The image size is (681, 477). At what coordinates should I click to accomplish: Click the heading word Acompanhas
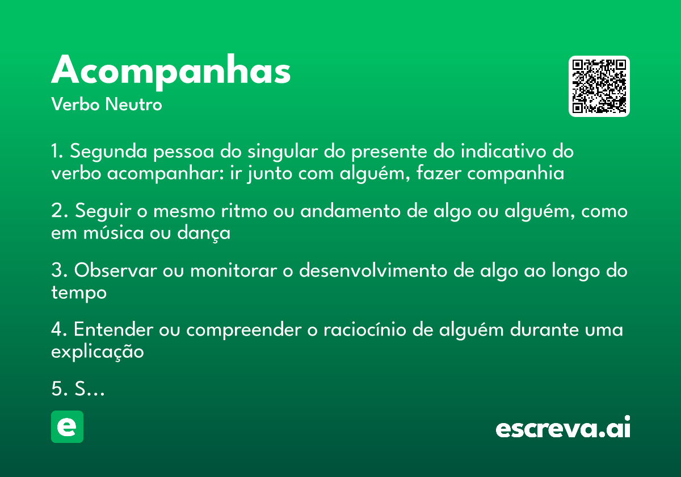[x=171, y=71]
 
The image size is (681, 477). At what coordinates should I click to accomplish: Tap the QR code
[x=599, y=86]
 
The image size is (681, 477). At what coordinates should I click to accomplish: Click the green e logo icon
[x=67, y=426]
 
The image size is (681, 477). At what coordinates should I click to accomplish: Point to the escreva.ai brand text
[x=563, y=428]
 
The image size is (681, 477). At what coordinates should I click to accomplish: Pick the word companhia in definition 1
[x=516, y=173]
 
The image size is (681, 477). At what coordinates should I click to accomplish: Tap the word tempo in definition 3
[x=79, y=293]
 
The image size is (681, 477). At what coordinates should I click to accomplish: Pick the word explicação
[x=98, y=352]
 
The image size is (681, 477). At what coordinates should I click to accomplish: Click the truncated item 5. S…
[x=78, y=389]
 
